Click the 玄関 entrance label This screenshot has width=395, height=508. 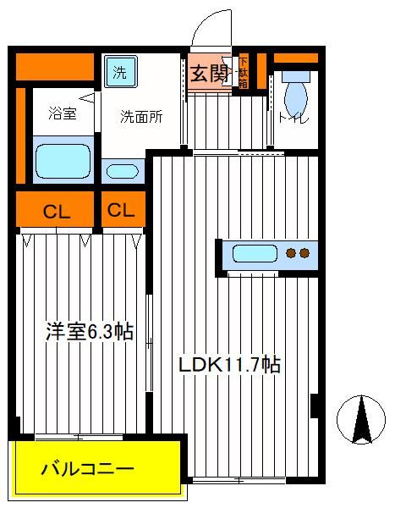[209, 74]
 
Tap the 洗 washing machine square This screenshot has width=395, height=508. [120, 71]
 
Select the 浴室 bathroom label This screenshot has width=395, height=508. [63, 113]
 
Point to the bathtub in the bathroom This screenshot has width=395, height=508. [63, 161]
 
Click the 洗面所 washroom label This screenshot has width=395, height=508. [141, 117]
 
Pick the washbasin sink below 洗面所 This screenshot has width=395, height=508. [123, 171]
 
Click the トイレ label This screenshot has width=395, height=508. [294, 119]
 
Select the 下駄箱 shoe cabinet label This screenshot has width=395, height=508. [244, 73]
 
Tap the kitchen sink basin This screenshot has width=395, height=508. [255, 253]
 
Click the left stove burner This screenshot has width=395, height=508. [292, 252]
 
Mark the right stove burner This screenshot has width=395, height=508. [304, 252]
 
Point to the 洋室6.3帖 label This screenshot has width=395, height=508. [90, 331]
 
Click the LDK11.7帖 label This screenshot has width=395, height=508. [229, 364]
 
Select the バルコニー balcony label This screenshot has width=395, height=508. [87, 469]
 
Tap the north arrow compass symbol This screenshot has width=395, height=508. [361, 420]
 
